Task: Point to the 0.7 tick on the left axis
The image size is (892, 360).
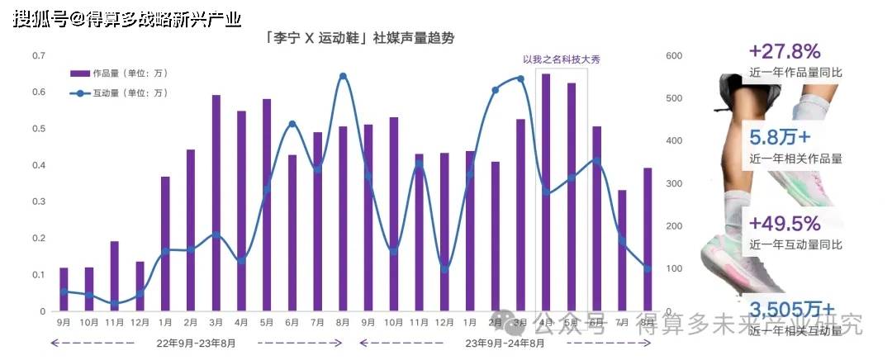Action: pos(39,55)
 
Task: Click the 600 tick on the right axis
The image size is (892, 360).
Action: pos(673,55)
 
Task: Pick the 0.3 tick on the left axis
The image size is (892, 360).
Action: pos(39,201)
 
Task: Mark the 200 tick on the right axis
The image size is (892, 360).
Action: pos(673,226)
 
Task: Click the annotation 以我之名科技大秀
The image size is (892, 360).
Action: pos(562,59)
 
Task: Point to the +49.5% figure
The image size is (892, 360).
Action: pos(784,224)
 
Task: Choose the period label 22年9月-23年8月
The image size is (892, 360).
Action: pos(196,341)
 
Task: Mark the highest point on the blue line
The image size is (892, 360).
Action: pos(343,76)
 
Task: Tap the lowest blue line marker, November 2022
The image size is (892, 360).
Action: pos(115,304)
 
